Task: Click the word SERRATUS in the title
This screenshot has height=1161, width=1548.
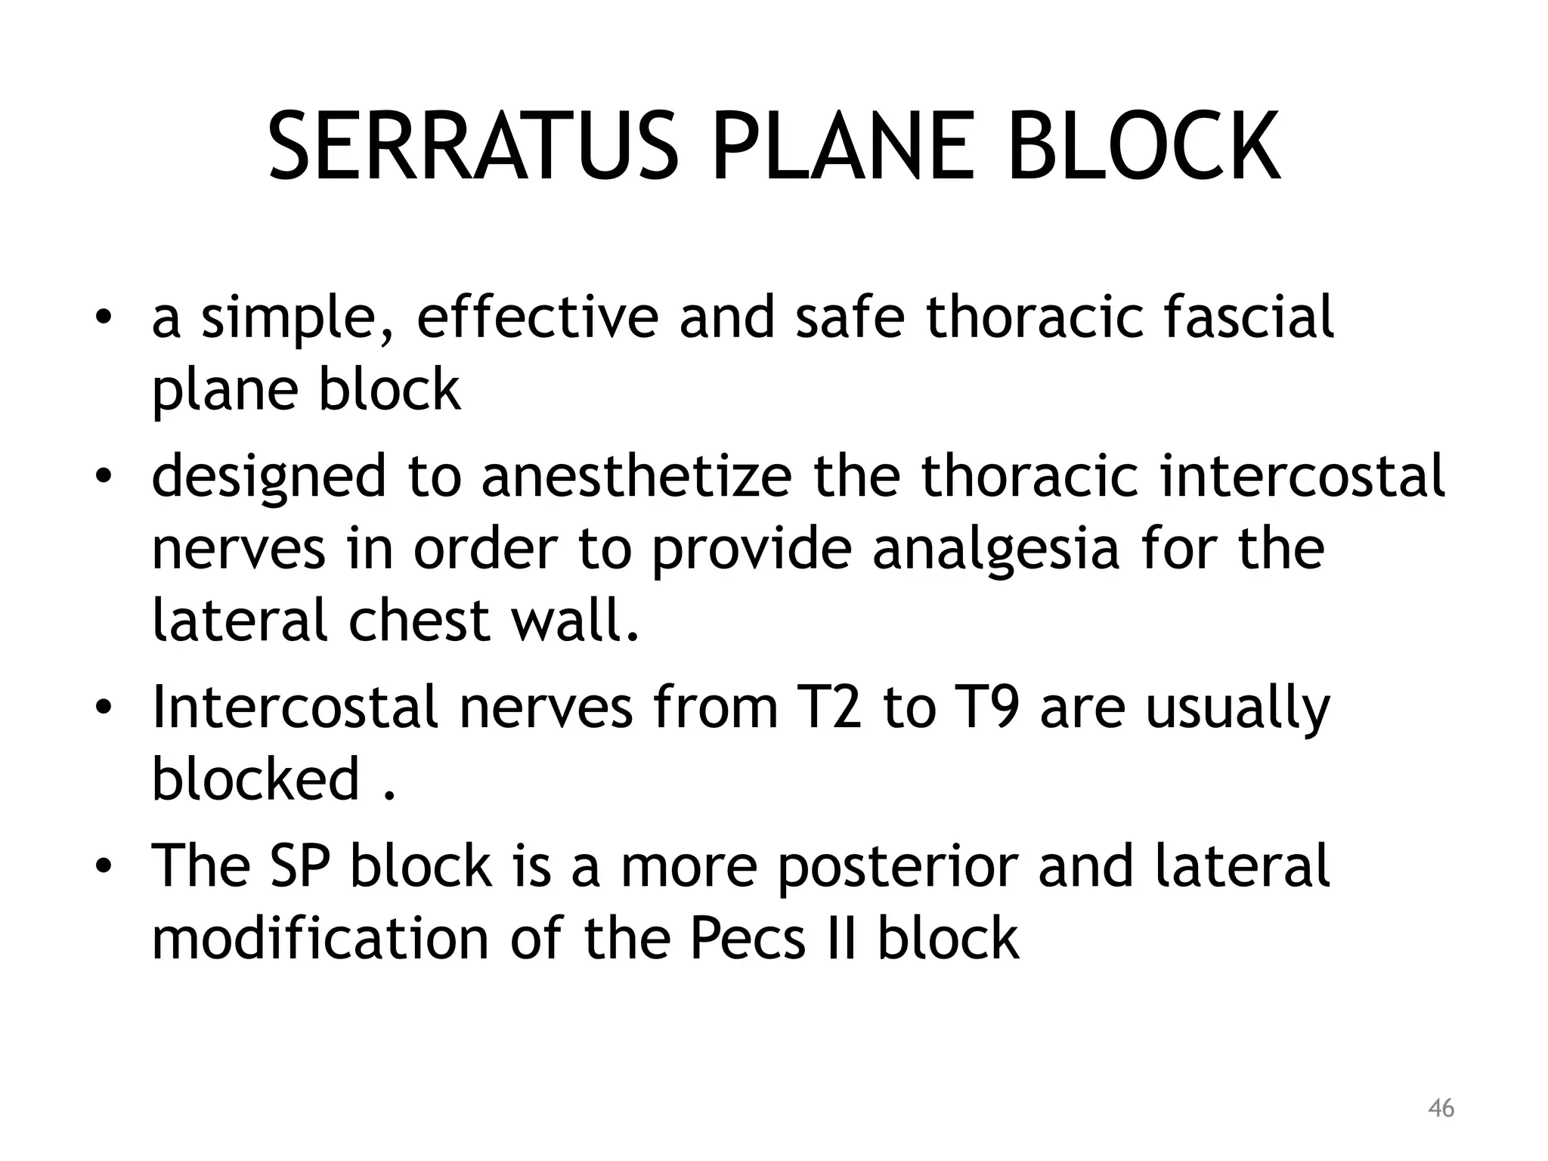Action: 473,147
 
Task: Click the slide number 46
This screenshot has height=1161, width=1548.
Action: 1441,1109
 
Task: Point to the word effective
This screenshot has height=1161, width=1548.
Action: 537,317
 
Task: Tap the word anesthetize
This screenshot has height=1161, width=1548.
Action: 636,476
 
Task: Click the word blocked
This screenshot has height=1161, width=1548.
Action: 255,780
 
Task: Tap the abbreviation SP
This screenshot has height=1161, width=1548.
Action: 298,866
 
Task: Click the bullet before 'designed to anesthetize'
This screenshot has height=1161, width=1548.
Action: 104,478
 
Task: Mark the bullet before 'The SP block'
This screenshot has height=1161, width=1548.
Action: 104,866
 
